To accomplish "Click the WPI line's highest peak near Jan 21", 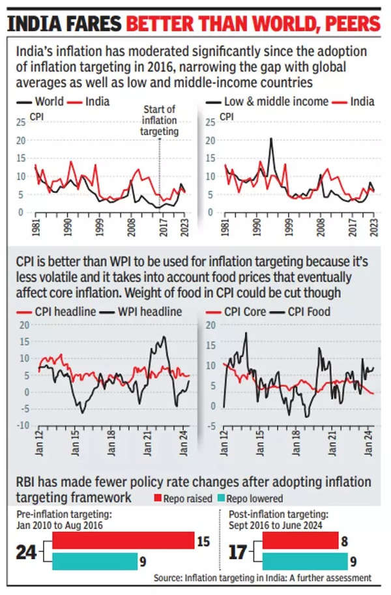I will [163, 337].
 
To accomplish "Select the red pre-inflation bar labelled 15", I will [123, 540].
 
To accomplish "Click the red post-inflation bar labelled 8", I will [300, 540].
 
